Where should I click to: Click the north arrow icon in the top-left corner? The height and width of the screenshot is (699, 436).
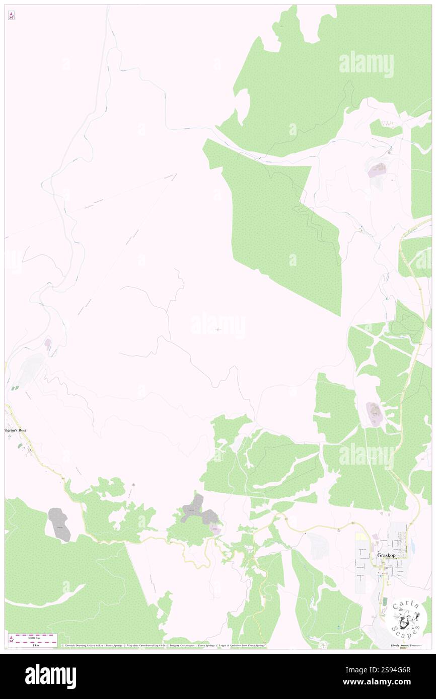(x=11, y=16)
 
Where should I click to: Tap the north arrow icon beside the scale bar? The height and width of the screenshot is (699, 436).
(x=11, y=640)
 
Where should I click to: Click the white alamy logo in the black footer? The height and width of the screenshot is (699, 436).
(x=50, y=676)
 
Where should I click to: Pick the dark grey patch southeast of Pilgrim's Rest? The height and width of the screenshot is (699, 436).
(x=59, y=525)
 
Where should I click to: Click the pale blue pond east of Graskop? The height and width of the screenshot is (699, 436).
(x=412, y=545)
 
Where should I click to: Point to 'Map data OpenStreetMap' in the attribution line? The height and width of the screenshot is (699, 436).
(x=146, y=645)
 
